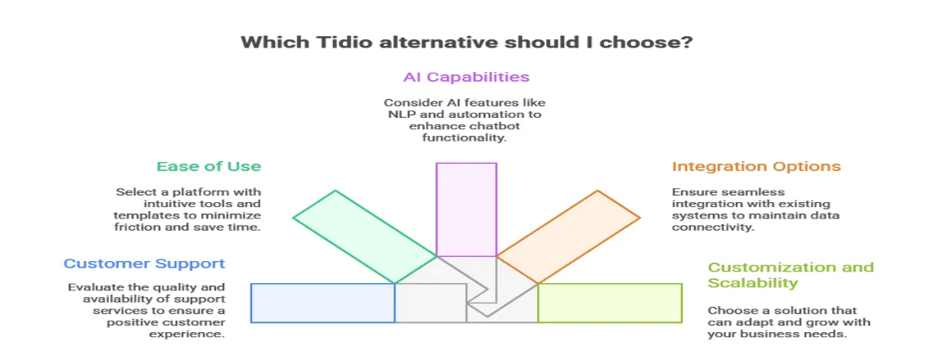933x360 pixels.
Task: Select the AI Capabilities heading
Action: (x=466, y=77)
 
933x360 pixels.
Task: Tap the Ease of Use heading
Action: (x=209, y=166)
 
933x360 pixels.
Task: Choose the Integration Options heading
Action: (x=756, y=166)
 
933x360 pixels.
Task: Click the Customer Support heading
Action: (x=144, y=263)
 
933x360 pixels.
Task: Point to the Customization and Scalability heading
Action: (x=791, y=275)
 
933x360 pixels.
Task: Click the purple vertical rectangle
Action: (x=466, y=209)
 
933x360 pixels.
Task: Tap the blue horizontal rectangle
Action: (x=322, y=303)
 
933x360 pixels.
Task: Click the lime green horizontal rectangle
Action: (x=610, y=303)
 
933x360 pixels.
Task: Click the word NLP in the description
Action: (x=402, y=115)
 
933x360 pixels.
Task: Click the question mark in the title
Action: (x=687, y=42)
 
